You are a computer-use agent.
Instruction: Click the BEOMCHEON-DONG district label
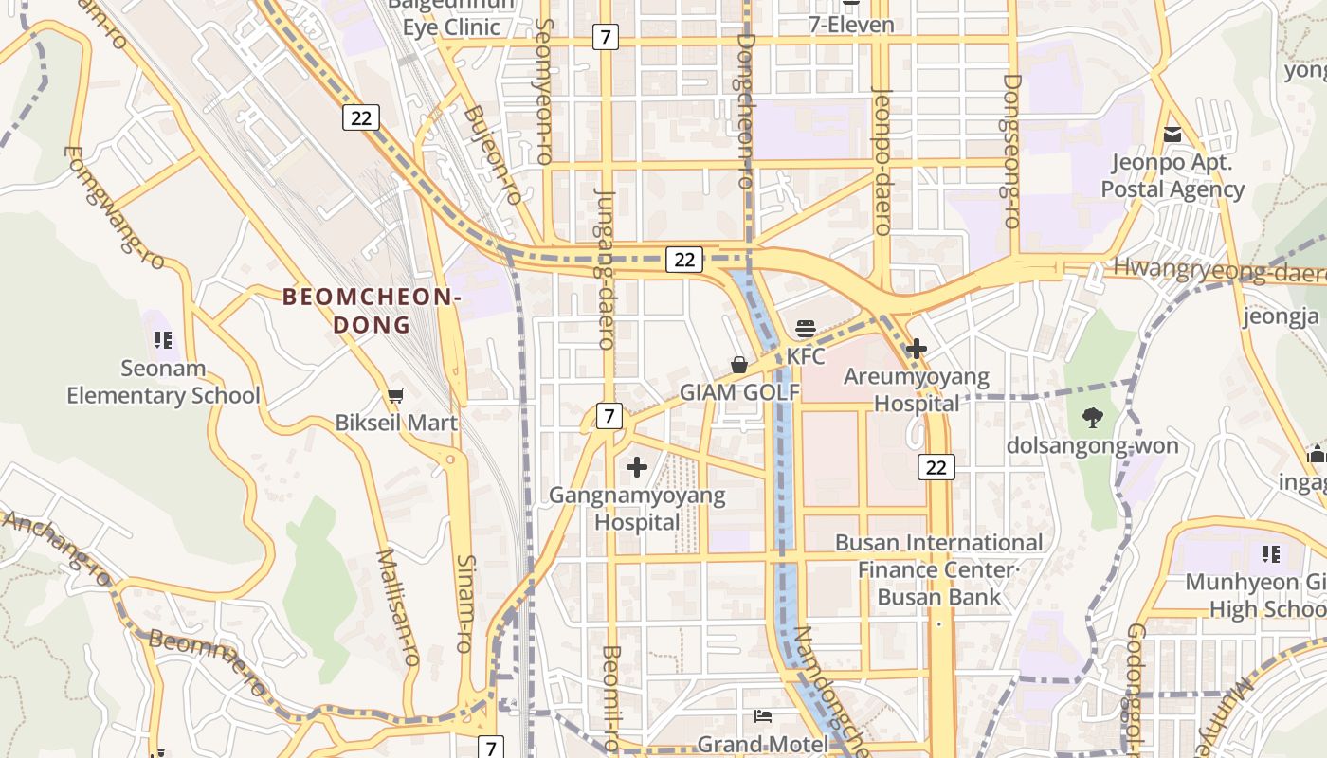[x=372, y=311]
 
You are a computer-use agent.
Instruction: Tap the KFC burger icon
[x=806, y=329]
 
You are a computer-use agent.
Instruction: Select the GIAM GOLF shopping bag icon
[x=739, y=365]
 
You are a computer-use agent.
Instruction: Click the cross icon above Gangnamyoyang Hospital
[x=637, y=466]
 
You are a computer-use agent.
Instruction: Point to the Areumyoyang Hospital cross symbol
[x=916, y=350]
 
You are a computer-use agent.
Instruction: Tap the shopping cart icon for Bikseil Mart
[x=396, y=395]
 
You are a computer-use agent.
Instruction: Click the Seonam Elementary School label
[x=163, y=382]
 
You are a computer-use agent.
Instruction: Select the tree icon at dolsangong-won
[x=1092, y=417]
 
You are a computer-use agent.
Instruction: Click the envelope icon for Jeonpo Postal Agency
[x=1172, y=135]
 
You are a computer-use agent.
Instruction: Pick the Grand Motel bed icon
[x=762, y=715]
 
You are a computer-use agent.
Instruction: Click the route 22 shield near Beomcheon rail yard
[x=360, y=117]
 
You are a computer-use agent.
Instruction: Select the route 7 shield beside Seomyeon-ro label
[x=605, y=37]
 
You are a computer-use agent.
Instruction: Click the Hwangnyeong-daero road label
[x=1218, y=271]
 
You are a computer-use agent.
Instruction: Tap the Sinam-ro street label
[x=464, y=604]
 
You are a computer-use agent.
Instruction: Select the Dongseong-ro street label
[x=1011, y=152]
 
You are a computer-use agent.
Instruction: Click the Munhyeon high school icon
[x=1271, y=553]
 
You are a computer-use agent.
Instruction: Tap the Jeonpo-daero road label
[x=882, y=161]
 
